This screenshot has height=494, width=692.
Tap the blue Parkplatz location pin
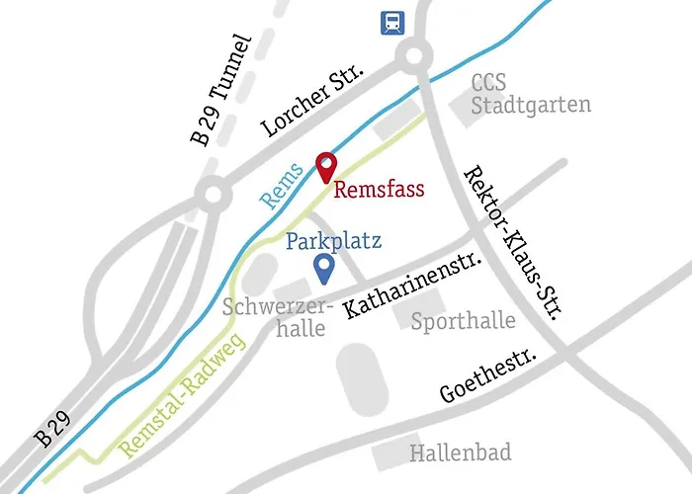pyautogui.click(x=322, y=266)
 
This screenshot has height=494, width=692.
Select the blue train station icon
pyautogui.click(x=392, y=22)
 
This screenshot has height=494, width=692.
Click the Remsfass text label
pyautogui.click(x=379, y=189)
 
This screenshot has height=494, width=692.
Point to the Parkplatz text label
pyautogui.click(x=334, y=240)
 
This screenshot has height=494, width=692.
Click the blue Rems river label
pyautogui.click(x=283, y=186)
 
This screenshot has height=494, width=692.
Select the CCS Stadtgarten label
pyautogui.click(x=530, y=93)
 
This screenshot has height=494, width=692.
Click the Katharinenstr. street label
pyautogui.click(x=412, y=286)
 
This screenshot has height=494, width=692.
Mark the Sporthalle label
pyautogui.click(x=463, y=321)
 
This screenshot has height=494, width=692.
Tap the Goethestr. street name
pyautogui.click(x=488, y=376)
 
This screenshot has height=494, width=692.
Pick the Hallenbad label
pyautogui.click(x=461, y=453)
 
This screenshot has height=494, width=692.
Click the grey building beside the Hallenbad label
pyautogui.click(x=389, y=456)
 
